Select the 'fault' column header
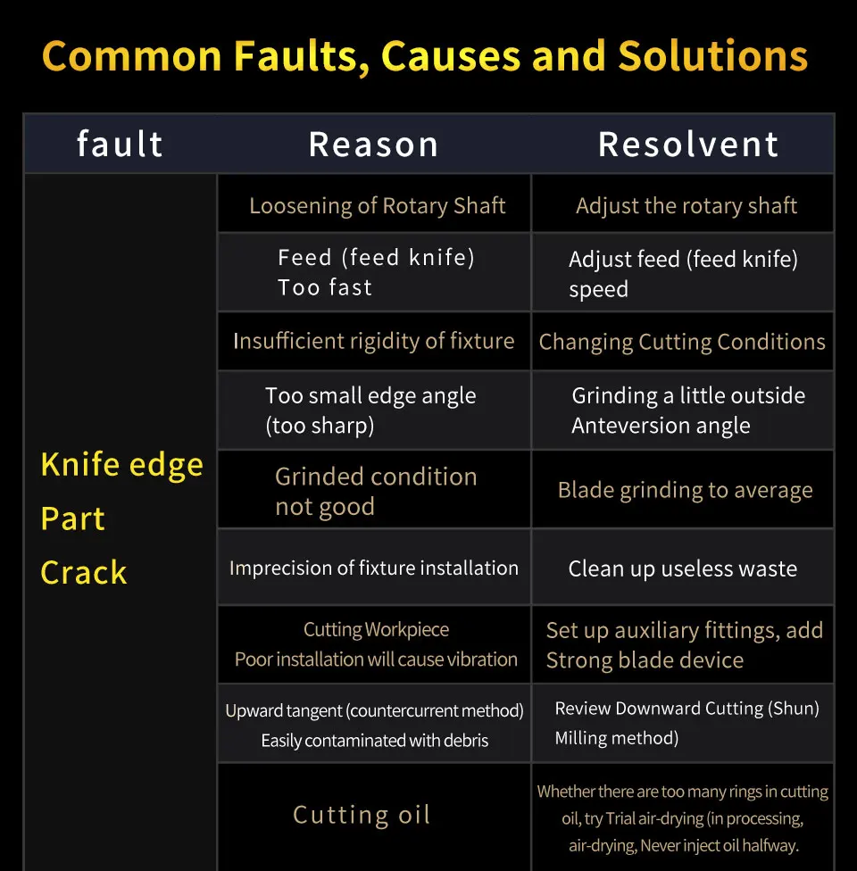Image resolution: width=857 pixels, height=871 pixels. click(x=120, y=145)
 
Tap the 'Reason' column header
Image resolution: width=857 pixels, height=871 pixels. click(x=373, y=145)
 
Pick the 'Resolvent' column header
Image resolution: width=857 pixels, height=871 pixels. click(x=688, y=145)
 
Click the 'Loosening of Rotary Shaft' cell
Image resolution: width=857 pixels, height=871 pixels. click(x=377, y=206)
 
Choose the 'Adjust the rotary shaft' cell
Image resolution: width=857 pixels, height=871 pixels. click(x=686, y=206)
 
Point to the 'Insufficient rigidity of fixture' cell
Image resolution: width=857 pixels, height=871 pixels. click(x=373, y=341)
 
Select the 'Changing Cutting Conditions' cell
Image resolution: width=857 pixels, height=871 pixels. click(x=682, y=342)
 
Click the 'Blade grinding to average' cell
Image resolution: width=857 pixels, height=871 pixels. click(x=685, y=490)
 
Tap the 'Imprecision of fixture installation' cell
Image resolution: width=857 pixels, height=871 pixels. click(x=373, y=568)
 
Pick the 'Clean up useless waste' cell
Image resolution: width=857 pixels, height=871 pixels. click(x=682, y=569)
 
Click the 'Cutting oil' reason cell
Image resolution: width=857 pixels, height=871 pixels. click(x=362, y=815)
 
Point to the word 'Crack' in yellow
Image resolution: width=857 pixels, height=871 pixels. click(x=84, y=572)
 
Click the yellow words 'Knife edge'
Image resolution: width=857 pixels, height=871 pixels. click(x=121, y=465)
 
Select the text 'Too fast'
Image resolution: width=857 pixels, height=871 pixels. click(x=325, y=287)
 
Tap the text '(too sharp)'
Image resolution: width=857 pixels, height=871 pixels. click(x=320, y=426)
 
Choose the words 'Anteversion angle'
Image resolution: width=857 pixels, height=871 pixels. click(x=661, y=426)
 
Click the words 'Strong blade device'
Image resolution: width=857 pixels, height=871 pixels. click(x=645, y=660)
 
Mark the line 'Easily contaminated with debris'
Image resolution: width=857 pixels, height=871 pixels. click(x=374, y=741)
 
